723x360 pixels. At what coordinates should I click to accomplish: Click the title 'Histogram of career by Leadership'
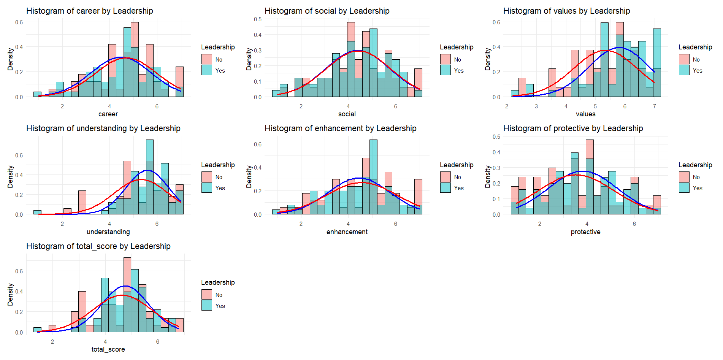pos(90,11)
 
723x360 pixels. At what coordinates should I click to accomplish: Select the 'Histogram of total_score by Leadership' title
pos(98,246)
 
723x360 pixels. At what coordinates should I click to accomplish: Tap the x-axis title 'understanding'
pos(108,232)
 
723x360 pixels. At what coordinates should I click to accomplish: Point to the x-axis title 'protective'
pos(585,232)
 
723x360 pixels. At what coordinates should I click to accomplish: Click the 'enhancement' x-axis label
pos(347,232)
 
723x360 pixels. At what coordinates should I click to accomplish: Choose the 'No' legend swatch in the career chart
pos(207,59)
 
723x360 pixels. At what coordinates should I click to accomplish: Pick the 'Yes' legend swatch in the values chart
pos(684,70)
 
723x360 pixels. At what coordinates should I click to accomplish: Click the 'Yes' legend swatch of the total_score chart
pos(207,306)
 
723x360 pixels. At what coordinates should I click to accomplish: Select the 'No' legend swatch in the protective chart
pos(684,177)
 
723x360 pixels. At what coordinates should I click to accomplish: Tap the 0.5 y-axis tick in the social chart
pos(258,19)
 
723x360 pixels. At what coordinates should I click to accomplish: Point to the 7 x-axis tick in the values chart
pos(654,106)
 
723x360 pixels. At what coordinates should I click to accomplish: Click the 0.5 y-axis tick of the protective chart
pos(496,137)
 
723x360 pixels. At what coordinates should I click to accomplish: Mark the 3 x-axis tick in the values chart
pos(536,106)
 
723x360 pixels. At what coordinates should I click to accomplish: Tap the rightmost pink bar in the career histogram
pos(179,76)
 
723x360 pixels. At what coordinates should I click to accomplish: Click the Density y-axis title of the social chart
pos(249,59)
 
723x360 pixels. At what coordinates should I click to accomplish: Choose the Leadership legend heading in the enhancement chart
pos(457,165)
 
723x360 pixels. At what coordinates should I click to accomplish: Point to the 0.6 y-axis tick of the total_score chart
pos(19,271)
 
